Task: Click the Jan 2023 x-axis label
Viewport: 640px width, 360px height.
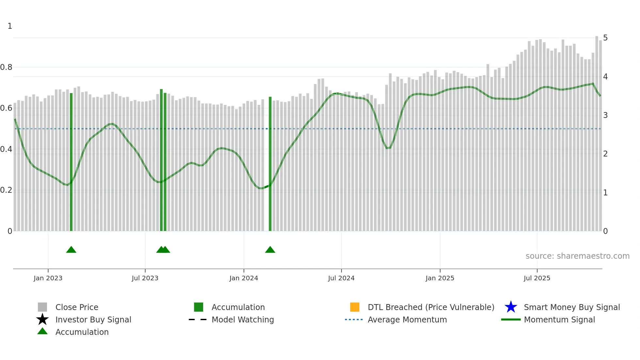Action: [48, 278]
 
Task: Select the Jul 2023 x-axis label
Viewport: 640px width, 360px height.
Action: [145, 278]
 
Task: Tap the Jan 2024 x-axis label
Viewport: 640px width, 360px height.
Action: [244, 278]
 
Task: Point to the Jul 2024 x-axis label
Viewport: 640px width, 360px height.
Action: [341, 278]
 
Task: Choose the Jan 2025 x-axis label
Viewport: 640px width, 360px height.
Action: [440, 278]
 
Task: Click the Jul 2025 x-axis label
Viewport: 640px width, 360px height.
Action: [537, 278]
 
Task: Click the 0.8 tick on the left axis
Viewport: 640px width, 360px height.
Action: [6, 67]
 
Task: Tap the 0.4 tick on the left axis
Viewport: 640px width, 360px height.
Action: [6, 149]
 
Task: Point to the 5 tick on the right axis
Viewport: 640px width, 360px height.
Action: [605, 38]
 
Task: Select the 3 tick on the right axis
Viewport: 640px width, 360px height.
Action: [605, 115]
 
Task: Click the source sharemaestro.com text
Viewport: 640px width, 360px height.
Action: [577, 256]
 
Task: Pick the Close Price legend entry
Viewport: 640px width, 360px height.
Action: [77, 307]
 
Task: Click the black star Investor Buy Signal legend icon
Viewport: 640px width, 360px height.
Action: [42, 319]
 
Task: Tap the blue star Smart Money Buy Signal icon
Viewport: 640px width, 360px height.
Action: [511, 307]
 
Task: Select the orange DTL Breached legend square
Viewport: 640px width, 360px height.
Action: [355, 307]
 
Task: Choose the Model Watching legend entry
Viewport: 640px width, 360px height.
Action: [243, 319]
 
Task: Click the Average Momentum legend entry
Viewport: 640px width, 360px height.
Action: [407, 319]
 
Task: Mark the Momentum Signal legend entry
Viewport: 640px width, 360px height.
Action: [559, 319]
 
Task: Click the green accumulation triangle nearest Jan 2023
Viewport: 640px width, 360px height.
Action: [71, 250]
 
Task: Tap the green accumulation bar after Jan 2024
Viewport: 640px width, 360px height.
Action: [270, 163]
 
